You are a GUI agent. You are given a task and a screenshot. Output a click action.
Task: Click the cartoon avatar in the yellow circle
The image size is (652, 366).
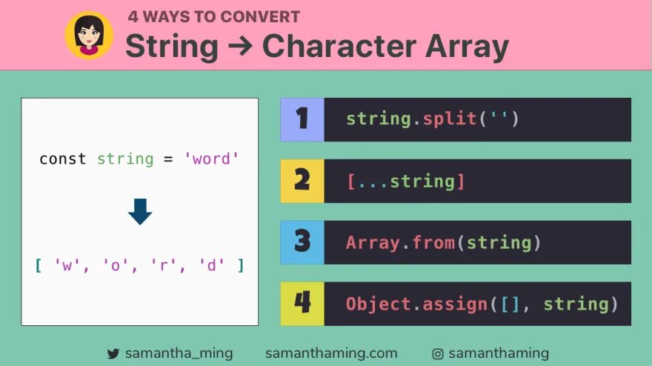(89, 35)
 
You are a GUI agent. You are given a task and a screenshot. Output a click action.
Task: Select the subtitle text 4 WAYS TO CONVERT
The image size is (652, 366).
(213, 16)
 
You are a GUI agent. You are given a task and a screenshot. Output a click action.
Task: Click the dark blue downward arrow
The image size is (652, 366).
(140, 211)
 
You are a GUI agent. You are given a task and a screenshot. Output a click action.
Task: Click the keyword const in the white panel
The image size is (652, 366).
(62, 159)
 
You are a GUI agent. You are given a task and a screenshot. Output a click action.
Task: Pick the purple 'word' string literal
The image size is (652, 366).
(212, 159)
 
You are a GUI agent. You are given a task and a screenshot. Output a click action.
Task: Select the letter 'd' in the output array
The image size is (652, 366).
(211, 264)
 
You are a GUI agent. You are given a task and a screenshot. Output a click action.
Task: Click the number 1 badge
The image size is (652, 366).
(302, 119)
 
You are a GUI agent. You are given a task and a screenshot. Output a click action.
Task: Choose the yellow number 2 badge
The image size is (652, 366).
(302, 181)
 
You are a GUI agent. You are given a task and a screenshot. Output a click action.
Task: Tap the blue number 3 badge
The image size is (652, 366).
(302, 242)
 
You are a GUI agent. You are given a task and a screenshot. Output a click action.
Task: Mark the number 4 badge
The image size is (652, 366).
(302, 304)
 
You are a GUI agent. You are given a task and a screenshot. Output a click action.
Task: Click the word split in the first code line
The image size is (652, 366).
(449, 119)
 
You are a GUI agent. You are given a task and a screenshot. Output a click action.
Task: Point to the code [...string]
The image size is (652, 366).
(405, 181)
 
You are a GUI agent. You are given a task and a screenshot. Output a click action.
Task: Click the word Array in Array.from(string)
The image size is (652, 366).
(370, 242)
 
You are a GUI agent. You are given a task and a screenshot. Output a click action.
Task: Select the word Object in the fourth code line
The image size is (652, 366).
(378, 304)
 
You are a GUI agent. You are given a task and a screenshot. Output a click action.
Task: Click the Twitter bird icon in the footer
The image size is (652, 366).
(113, 354)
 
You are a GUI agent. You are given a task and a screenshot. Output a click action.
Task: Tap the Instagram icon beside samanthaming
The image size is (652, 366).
(438, 354)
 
